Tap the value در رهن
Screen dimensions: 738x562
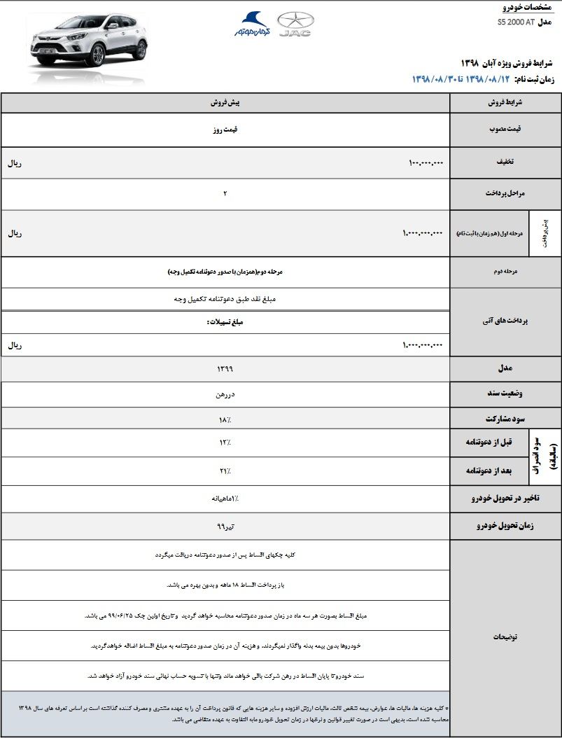point(225,394)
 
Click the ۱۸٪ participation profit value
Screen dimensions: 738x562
point(225,419)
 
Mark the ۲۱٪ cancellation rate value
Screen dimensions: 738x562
point(225,471)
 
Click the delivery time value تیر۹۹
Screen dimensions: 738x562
point(225,525)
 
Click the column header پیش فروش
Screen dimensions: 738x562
point(225,102)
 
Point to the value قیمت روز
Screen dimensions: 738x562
point(225,130)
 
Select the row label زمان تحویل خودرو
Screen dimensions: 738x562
point(505,526)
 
